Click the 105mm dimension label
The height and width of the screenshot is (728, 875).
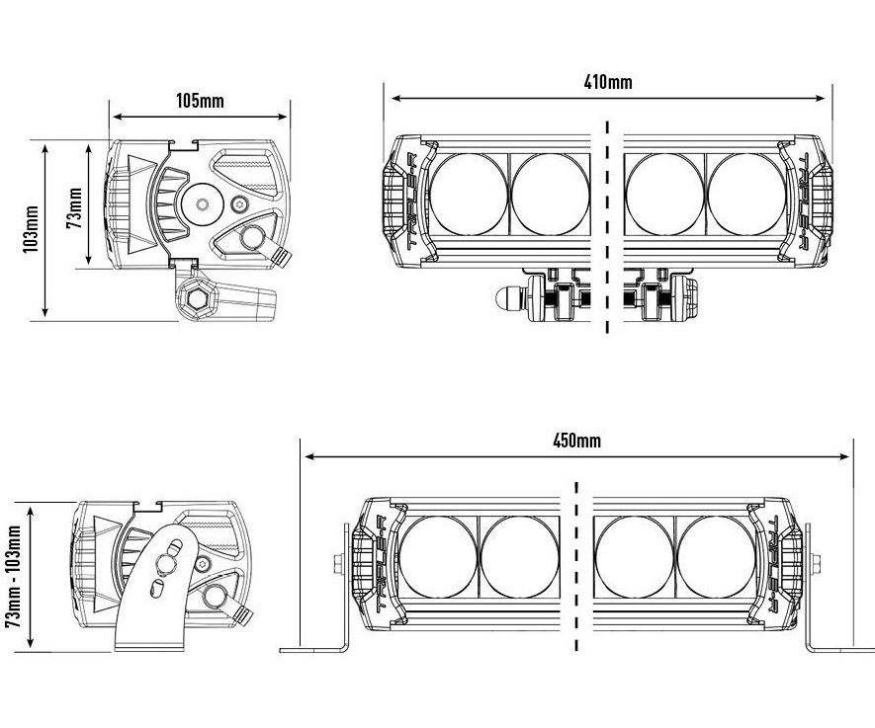(200, 101)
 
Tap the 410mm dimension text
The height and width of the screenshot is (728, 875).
(608, 82)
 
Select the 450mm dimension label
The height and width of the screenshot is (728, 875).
(576, 441)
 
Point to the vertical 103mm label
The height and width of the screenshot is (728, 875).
(31, 230)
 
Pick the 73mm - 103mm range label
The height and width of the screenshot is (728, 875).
(14, 576)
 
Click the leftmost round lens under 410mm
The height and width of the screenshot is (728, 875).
(469, 194)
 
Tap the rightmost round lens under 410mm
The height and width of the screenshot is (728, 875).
(747, 194)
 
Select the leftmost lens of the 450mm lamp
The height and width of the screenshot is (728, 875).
(438, 555)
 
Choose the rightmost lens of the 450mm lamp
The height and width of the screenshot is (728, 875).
(717, 555)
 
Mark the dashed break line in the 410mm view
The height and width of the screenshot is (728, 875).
(607, 227)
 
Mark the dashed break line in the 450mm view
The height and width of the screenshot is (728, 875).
(575, 568)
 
